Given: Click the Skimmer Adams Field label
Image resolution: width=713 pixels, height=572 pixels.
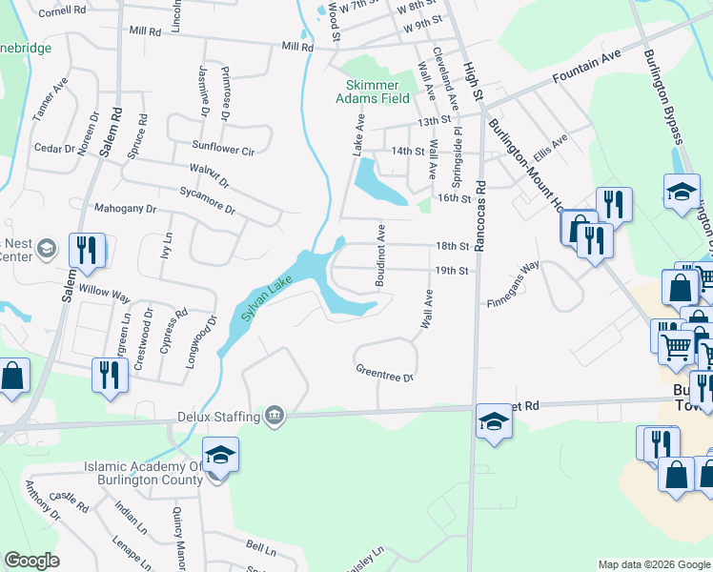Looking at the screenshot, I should click(377, 91).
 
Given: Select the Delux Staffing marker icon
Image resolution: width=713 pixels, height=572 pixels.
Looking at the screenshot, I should click(275, 414).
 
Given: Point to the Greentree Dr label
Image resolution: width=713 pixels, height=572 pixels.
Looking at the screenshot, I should click(384, 372).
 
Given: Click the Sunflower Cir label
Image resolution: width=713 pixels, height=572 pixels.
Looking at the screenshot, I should click(223, 149).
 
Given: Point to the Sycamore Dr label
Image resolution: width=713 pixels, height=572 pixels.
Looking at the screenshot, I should click(207, 199).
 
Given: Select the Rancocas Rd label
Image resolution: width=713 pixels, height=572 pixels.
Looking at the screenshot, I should click(480, 215).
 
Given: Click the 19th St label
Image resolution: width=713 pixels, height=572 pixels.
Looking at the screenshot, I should click(452, 271).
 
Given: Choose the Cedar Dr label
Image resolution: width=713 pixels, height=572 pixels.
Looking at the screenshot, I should click(54, 149).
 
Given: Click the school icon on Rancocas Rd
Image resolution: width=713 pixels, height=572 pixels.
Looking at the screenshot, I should click(494, 421).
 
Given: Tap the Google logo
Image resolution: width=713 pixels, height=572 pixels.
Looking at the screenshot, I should click(31, 561).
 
